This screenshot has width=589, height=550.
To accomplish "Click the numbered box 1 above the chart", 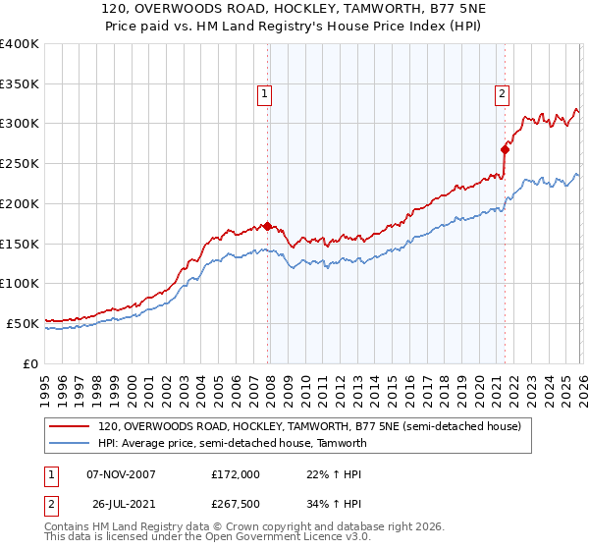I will pyautogui.click(x=265, y=94).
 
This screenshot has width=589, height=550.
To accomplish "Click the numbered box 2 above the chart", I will pyautogui.click(x=502, y=94).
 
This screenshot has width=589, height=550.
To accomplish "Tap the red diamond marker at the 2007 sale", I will pyautogui.click(x=267, y=226).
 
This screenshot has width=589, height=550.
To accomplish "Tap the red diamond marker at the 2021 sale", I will pyautogui.click(x=506, y=149).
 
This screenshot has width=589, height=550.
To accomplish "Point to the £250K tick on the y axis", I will pyautogui.click(x=20, y=163).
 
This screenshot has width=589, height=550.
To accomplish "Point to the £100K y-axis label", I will pyautogui.click(x=20, y=283).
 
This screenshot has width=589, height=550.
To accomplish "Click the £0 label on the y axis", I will pyautogui.click(x=30, y=362).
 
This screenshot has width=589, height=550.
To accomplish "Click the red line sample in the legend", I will pyautogui.click(x=70, y=426).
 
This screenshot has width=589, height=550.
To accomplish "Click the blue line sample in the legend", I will pyautogui.click(x=70, y=443).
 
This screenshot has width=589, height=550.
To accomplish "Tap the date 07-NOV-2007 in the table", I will pyautogui.click(x=121, y=474).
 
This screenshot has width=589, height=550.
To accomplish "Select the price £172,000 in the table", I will pyautogui.click(x=236, y=474).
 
